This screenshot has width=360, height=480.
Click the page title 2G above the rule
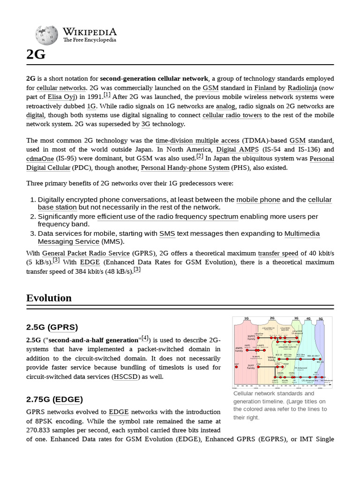coord(36,55)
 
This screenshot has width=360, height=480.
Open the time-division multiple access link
coord(197,141)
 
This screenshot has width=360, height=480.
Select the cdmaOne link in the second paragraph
coord(38,159)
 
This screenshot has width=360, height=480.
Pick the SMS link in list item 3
coord(167,233)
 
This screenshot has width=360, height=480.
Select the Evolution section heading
coord(49,298)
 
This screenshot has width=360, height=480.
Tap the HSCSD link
coord(126,376)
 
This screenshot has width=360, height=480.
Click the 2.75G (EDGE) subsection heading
coord(54,399)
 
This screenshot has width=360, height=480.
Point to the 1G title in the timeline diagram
coord(246,319)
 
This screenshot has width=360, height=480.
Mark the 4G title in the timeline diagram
coord(308,319)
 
